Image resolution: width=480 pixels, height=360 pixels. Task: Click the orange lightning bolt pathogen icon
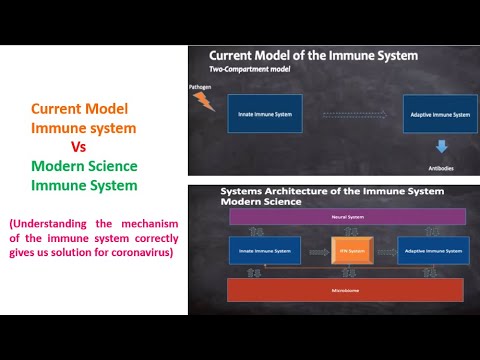point(204,101)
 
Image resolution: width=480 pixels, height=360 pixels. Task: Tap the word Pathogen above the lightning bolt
point(201,87)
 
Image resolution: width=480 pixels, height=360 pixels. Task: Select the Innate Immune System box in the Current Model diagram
point(258,114)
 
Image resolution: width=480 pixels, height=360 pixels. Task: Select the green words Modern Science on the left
point(84,165)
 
